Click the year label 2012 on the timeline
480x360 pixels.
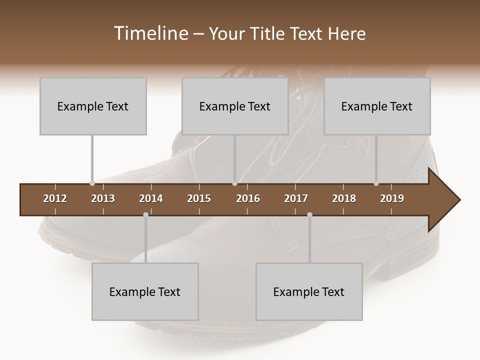pyautogui.click(x=55, y=198)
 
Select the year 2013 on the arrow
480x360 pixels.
pyautogui.click(x=103, y=198)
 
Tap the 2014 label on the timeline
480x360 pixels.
pyautogui.click(x=151, y=198)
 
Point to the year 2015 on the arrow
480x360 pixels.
pyautogui.click(x=199, y=198)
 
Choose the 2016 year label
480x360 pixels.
pyautogui.click(x=248, y=198)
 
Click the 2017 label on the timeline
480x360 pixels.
pyautogui.click(x=296, y=198)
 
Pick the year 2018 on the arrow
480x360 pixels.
pyautogui.click(x=344, y=198)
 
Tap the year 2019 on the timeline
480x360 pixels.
pyautogui.click(x=392, y=198)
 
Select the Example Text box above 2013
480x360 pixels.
pyautogui.click(x=93, y=106)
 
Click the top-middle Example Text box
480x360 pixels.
pyautogui.click(x=235, y=106)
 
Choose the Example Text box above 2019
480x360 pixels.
pyautogui.click(x=377, y=106)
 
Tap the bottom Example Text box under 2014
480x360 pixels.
pyautogui.click(x=145, y=291)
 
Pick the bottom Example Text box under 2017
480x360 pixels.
pyautogui.click(x=309, y=291)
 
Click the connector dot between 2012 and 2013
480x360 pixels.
pyautogui.click(x=92, y=183)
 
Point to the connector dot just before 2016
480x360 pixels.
pyautogui.click(x=234, y=183)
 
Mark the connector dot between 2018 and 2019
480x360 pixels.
pyautogui.click(x=376, y=183)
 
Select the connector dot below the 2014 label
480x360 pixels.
pyautogui.click(x=145, y=214)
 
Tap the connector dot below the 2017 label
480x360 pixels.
pyautogui.click(x=309, y=214)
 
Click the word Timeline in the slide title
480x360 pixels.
pyautogui.click(x=149, y=33)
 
